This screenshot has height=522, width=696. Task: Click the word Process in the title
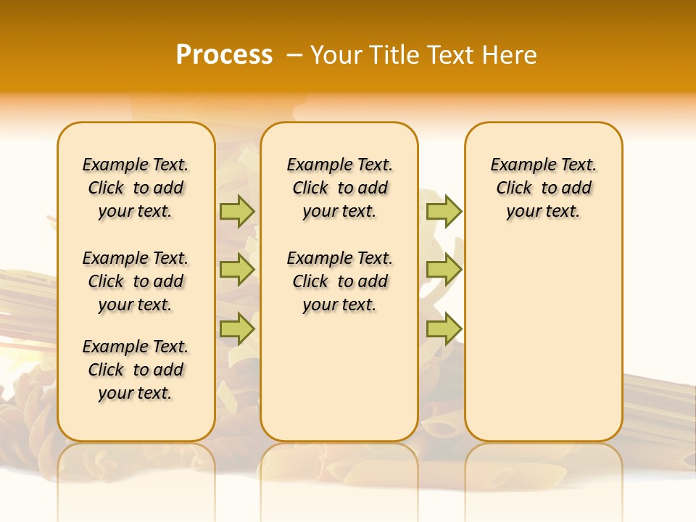224,55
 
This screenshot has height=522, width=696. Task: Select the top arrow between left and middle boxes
237,211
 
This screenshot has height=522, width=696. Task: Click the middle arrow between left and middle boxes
237,270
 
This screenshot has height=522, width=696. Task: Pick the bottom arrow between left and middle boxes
237,329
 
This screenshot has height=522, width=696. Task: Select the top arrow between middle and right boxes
444,211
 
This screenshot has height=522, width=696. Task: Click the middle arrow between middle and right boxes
444,270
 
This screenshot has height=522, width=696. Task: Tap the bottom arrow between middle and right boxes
444,329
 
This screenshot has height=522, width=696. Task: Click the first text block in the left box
136,188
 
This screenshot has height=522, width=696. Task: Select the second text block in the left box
136,281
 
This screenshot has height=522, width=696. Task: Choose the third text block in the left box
136,370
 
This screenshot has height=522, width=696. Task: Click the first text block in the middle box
339,188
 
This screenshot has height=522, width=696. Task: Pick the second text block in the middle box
339,281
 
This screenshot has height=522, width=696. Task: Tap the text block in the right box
543,188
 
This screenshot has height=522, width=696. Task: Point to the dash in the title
294,55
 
